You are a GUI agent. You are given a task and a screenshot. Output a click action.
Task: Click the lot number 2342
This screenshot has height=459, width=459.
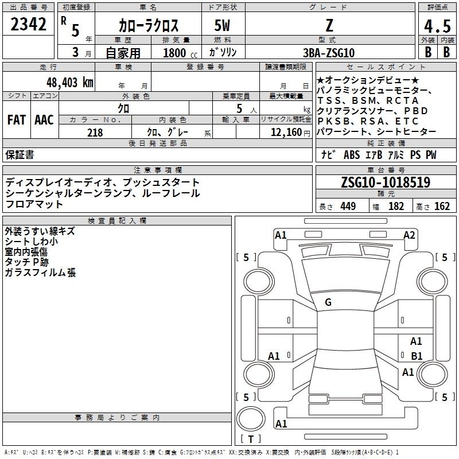pos(28,24)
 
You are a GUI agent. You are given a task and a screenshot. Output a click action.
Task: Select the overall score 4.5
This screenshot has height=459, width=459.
pos(437,26)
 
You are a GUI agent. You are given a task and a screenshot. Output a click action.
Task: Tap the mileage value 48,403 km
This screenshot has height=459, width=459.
pos(69,83)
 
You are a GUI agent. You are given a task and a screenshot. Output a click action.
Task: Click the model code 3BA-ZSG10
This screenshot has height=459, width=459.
pos(329,53)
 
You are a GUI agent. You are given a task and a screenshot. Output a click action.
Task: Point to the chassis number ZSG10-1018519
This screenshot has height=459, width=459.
pos(386,182)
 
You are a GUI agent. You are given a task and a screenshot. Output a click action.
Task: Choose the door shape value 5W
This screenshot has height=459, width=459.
pos(222,25)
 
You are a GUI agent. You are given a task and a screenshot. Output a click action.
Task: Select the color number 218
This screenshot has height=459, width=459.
pos(95,133)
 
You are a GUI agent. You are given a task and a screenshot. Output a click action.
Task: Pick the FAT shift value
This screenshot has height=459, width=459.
pos(17,120)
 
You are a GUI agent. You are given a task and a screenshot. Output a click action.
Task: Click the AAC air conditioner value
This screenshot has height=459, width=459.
pos(44,120)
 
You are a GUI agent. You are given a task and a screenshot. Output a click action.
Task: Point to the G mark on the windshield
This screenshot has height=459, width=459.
pos(328,302)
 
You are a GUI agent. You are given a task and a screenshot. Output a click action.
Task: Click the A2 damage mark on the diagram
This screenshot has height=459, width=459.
pos(409,235)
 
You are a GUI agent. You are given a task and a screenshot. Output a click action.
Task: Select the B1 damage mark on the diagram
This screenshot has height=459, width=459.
pos(417,356)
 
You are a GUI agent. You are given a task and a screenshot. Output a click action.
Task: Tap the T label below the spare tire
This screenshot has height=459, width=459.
pos(251,439)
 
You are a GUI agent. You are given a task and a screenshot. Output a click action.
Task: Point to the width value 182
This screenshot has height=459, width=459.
pos(396,207)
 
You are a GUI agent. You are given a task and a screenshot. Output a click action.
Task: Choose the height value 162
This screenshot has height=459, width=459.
pos(442,207)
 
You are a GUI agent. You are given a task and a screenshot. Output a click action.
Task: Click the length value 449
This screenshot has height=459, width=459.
pos(348,207)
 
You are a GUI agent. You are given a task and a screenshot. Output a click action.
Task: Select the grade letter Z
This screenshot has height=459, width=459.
pos(329,25)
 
